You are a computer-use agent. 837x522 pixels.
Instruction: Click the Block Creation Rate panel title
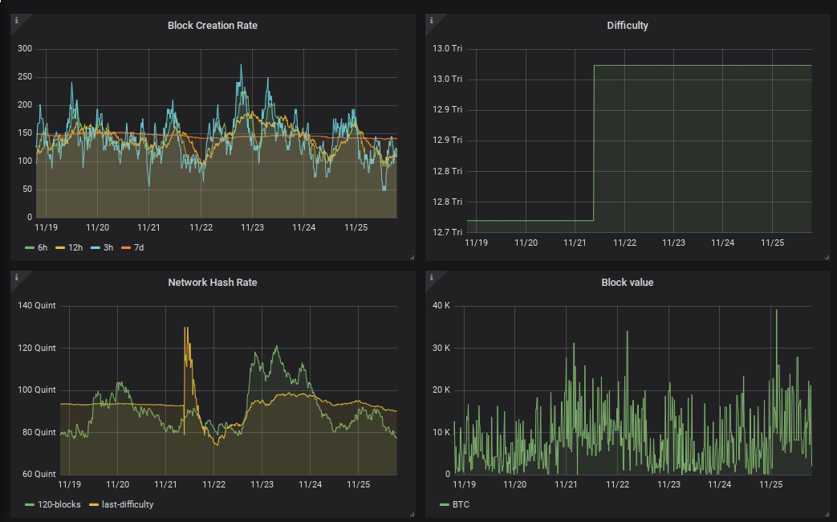(213, 26)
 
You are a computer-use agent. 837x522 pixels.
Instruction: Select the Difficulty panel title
(628, 26)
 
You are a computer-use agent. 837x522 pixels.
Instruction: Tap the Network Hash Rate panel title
(213, 283)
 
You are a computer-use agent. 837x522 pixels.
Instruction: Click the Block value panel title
(628, 283)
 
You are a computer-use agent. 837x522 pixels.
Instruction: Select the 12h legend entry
(69, 248)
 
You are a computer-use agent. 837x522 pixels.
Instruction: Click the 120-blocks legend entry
(53, 505)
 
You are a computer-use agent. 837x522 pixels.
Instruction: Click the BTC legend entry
(455, 505)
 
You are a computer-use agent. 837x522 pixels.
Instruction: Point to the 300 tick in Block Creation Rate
(25, 49)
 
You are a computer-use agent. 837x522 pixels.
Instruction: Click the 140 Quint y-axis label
(37, 306)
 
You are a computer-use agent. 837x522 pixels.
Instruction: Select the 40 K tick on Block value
(441, 306)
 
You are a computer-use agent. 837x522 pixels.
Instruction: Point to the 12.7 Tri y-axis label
(447, 232)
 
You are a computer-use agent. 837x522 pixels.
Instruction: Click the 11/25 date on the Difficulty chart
(773, 243)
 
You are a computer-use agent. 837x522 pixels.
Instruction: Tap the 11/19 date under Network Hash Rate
(69, 484)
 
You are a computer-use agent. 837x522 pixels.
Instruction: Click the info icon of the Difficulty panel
(431, 20)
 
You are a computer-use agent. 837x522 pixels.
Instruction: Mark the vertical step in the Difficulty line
(594, 143)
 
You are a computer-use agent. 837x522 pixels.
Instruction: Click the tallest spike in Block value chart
(776, 311)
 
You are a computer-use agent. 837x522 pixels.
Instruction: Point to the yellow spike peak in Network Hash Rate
(185, 328)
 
